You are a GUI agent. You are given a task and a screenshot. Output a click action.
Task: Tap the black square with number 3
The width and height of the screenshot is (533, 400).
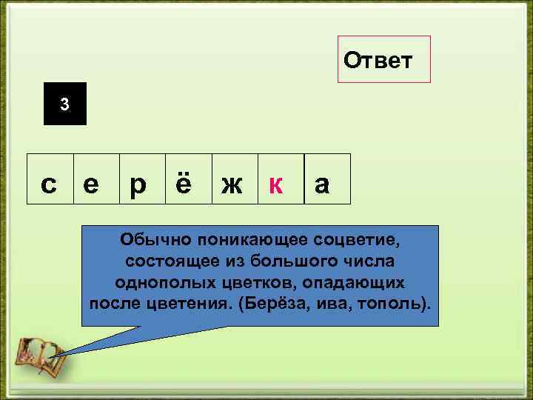coord(65,104)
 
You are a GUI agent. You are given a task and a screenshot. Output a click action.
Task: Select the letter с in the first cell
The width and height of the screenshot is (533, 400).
coord(49,184)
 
